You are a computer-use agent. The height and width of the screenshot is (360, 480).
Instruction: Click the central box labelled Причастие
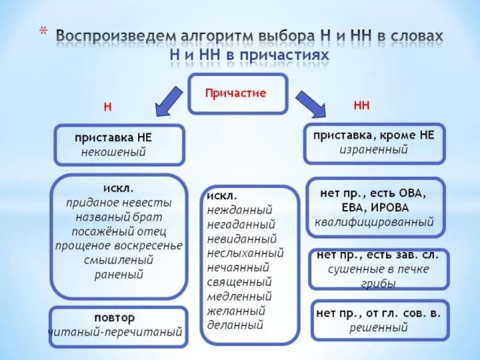pyautogui.click(x=238, y=94)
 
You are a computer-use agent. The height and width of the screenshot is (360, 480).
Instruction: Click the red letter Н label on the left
pyautogui.click(x=108, y=107)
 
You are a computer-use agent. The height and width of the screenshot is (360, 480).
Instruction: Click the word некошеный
pyautogui.click(x=114, y=152)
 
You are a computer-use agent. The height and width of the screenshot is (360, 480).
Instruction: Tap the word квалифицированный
pyautogui.click(x=374, y=222)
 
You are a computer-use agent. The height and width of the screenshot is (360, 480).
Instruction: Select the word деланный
pyautogui.click(x=235, y=326)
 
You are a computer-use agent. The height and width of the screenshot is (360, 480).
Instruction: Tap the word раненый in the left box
pyautogui.click(x=119, y=275)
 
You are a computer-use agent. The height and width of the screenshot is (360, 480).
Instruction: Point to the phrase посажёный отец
pyautogui.click(x=119, y=231)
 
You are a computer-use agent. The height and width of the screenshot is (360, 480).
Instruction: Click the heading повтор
pyautogui.click(x=115, y=317)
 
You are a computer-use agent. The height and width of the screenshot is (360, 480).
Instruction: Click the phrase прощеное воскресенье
pyautogui.click(x=119, y=245)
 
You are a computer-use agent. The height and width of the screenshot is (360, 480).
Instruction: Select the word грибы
pyautogui.click(x=379, y=284)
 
